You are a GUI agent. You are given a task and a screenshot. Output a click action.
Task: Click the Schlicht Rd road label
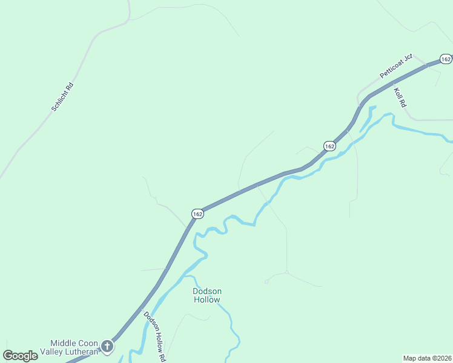coord(62,97)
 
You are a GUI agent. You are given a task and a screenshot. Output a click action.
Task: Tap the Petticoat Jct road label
coord(396,65)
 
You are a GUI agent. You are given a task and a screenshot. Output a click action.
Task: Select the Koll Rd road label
coord(399,97)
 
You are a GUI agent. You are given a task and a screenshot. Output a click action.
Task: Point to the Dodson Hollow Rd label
coord(154,336)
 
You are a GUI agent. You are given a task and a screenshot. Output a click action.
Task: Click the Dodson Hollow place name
coord(207,295)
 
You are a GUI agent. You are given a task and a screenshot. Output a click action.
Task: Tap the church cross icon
coord(107,347)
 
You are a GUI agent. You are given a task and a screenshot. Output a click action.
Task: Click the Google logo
coord(20,356)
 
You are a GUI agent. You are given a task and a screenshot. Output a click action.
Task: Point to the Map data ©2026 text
coord(427,358)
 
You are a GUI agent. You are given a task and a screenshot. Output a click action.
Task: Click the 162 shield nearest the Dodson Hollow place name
coord(197,214)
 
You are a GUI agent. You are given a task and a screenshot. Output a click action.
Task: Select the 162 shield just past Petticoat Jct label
coord(446,59)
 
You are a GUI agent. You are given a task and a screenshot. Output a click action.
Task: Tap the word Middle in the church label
coord(62,342)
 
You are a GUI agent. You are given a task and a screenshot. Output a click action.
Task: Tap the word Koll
coord(397,94)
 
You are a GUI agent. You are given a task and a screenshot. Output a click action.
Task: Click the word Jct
coord(408,57)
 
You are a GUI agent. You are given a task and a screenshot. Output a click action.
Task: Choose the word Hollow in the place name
coord(207,299)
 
